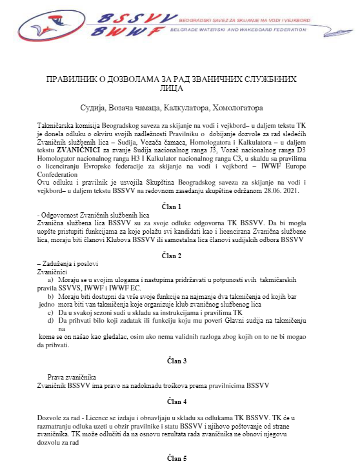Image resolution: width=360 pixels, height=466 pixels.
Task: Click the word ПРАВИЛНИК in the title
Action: (72, 79)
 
